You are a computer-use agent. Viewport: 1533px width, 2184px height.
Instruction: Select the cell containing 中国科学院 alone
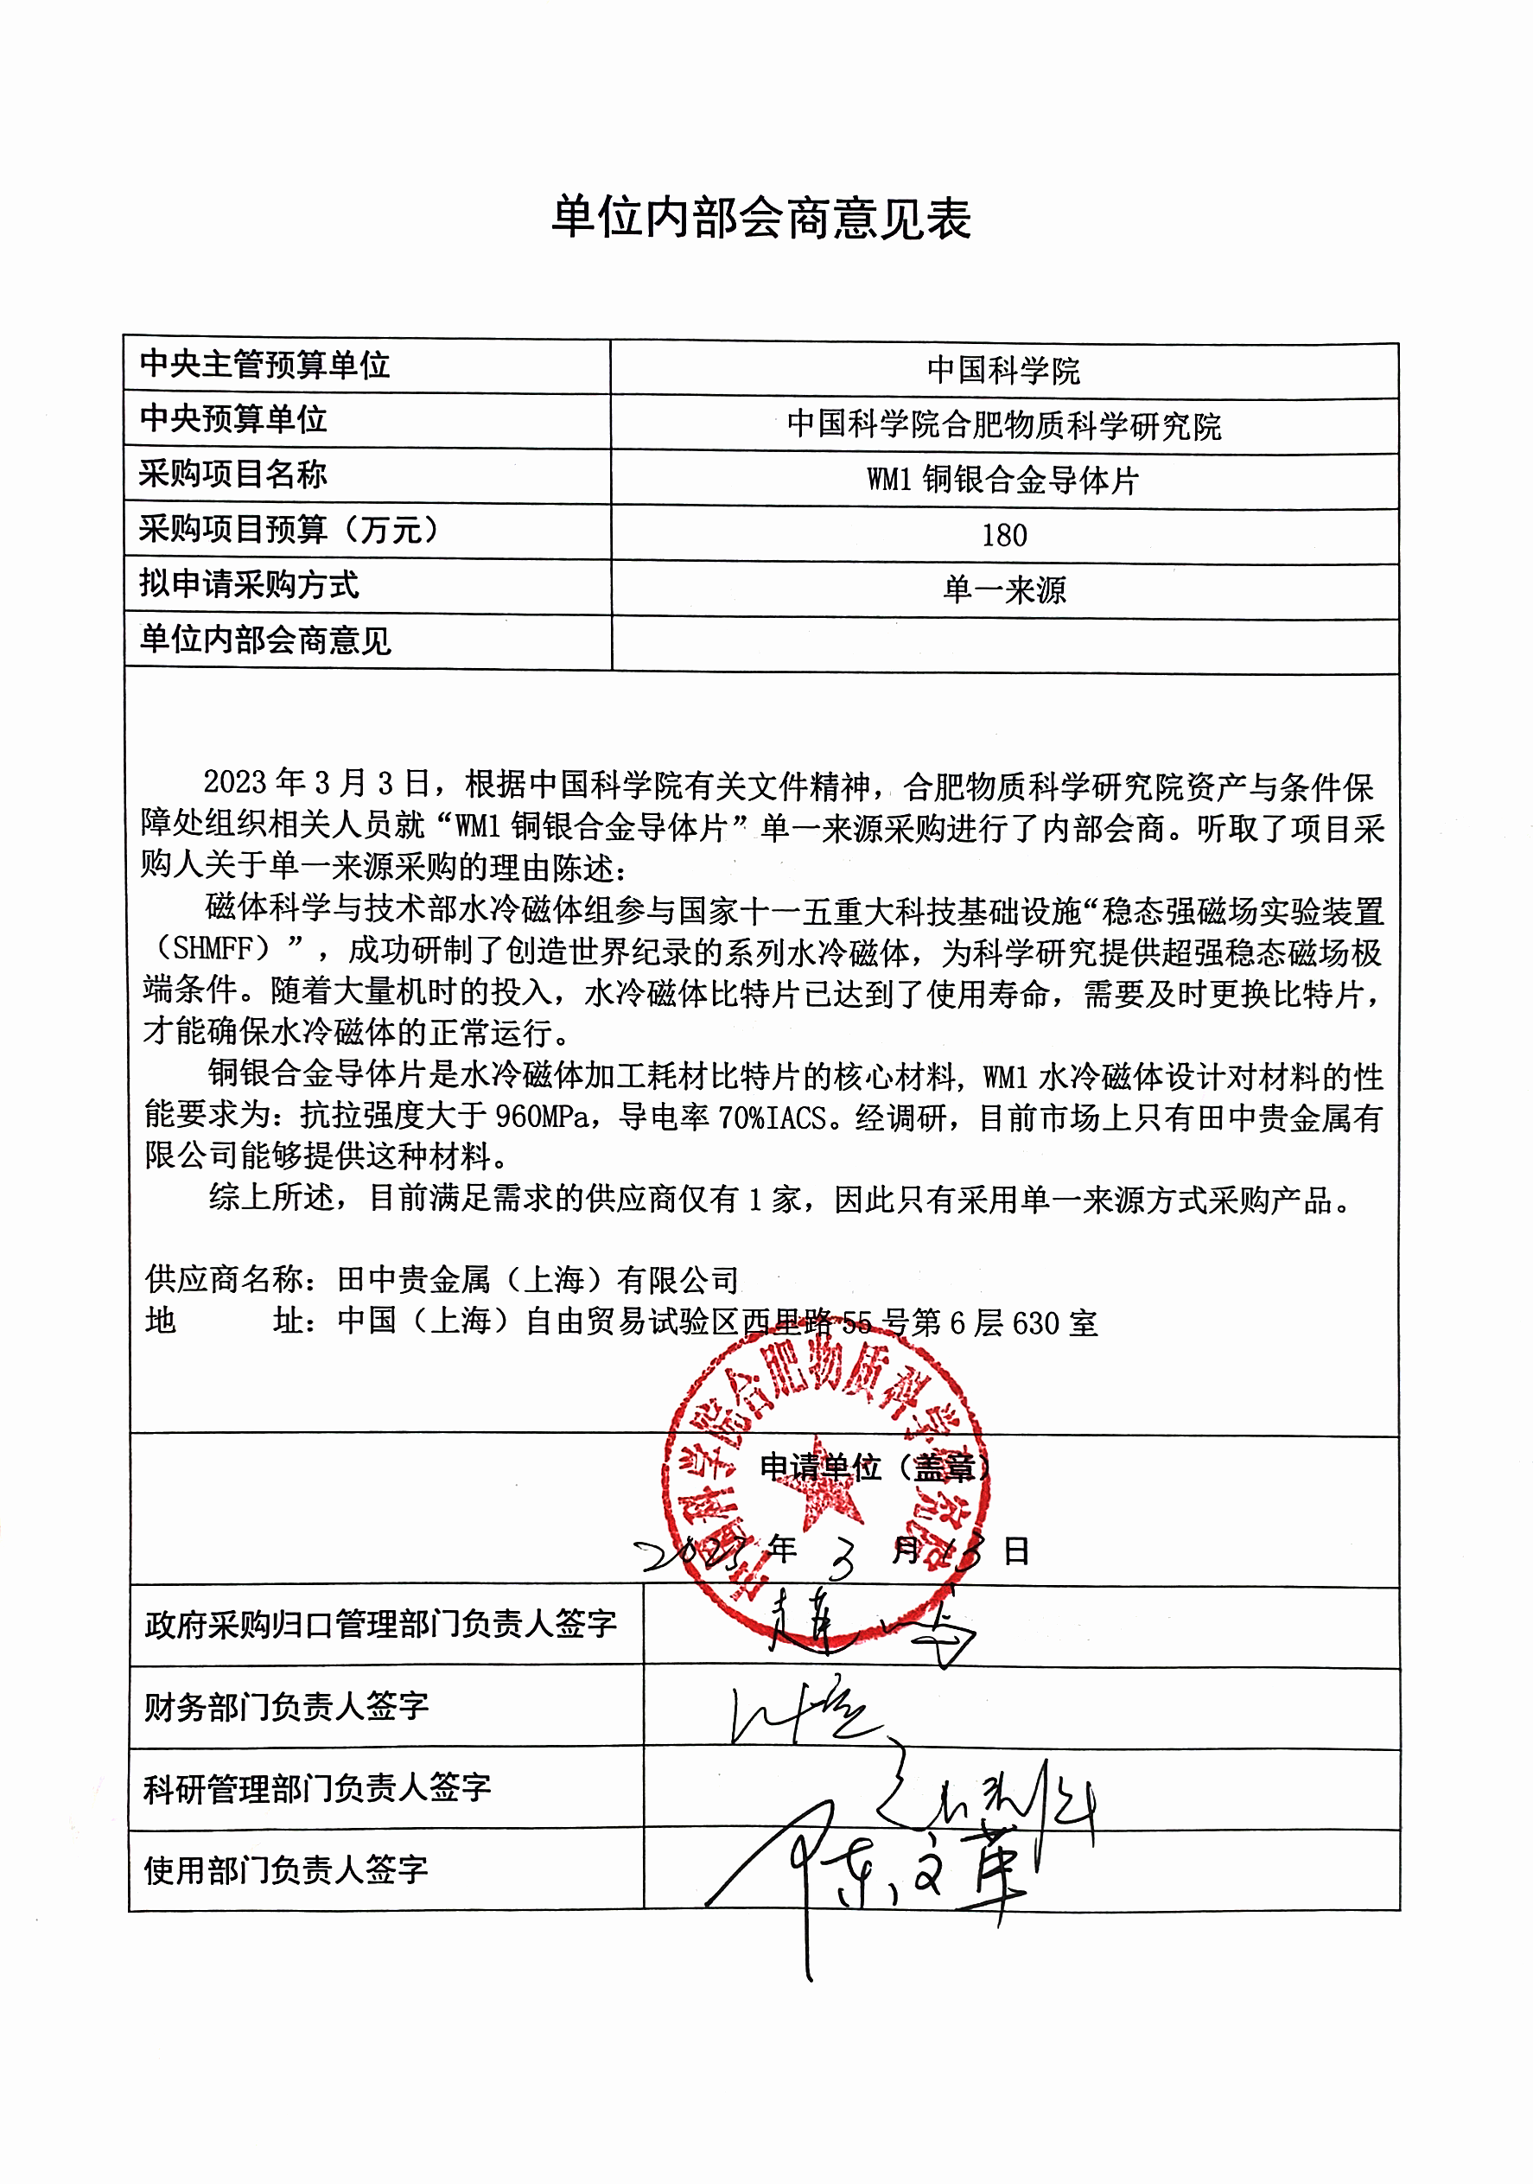[1003, 370]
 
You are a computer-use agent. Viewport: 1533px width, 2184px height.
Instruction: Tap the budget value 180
[1004, 536]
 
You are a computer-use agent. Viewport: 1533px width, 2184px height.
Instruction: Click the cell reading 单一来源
[1004, 590]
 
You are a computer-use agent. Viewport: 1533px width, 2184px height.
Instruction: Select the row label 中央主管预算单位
[264, 365]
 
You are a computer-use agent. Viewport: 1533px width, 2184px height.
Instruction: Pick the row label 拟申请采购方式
[249, 584]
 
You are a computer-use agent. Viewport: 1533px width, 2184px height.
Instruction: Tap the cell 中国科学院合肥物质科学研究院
[1003, 425]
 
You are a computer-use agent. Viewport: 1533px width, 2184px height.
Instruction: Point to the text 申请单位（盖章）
[875, 1468]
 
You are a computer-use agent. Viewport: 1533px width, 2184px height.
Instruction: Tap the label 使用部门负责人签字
[286, 1871]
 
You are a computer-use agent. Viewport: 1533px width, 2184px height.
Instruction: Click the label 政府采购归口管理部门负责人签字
[380, 1625]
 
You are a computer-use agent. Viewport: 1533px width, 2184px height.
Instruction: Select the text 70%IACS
[772, 1117]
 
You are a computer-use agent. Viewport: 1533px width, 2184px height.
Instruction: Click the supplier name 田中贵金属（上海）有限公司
[538, 1280]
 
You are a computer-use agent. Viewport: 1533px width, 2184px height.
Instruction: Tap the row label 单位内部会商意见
[265, 640]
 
